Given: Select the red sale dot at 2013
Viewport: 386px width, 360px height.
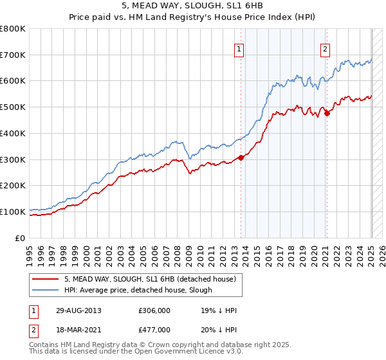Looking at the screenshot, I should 241,157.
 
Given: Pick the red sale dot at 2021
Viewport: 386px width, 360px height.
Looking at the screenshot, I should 327,113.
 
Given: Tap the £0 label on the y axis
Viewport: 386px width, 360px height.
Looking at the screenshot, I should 21,238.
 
